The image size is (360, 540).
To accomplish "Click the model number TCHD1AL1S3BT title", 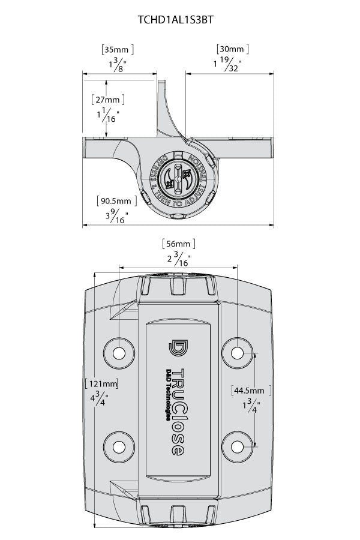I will click(176, 19).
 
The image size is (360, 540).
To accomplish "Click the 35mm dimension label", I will click(117, 49).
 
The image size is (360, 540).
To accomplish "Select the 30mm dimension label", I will click(231, 49).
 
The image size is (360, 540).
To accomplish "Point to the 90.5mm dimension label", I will click(115, 201).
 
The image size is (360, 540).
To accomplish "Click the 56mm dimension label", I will click(179, 244).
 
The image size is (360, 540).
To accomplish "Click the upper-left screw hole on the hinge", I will click(119, 351).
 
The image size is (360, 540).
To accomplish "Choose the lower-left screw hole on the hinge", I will click(119, 446).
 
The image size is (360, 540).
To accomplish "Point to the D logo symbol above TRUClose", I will click(178, 350).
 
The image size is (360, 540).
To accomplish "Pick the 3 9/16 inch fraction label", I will click(113, 217).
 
